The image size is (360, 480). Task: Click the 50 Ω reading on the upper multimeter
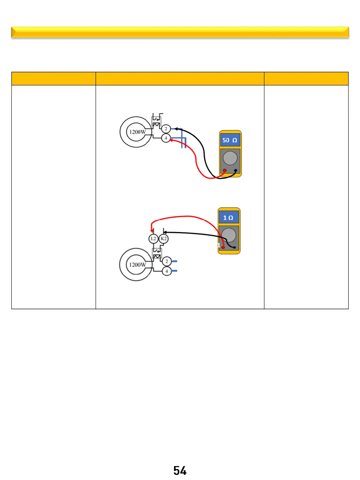click(x=230, y=140)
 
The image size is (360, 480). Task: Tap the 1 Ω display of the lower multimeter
click(x=228, y=218)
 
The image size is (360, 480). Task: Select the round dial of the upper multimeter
click(x=230, y=158)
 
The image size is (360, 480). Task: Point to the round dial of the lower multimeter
click(x=229, y=235)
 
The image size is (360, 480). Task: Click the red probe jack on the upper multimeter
click(x=225, y=171)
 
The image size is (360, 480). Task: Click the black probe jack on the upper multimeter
click(x=236, y=171)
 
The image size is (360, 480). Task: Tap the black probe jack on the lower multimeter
click(x=234, y=247)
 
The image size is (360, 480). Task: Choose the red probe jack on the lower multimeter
click(x=223, y=247)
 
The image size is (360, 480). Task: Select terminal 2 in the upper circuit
click(x=166, y=129)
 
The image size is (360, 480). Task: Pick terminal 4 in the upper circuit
click(x=166, y=138)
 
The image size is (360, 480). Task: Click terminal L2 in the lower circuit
click(x=153, y=239)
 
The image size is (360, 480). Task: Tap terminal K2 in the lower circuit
click(x=163, y=239)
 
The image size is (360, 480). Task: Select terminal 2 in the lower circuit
click(x=167, y=261)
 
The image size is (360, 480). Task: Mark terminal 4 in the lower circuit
click(x=167, y=271)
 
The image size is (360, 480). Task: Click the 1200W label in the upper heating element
click(x=137, y=132)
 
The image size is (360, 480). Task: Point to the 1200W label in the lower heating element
click(x=137, y=265)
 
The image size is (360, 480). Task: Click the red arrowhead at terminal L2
click(x=152, y=230)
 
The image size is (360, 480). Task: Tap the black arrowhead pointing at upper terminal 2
click(x=176, y=129)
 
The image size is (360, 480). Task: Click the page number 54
click(x=180, y=471)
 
